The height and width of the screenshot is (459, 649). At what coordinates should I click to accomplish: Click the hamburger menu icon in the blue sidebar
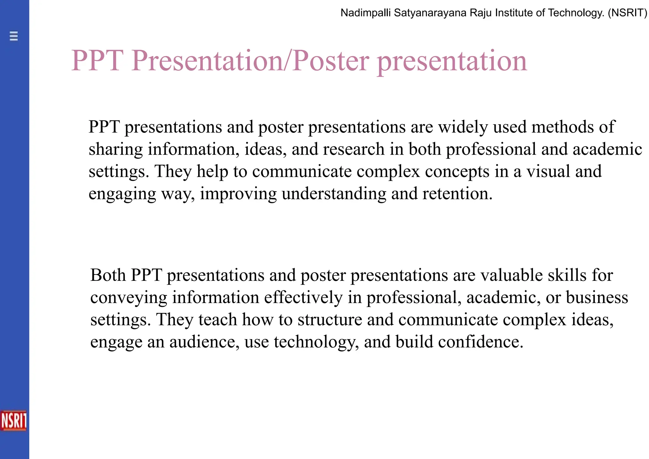click(14, 36)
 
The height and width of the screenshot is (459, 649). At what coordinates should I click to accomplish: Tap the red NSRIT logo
click(14, 421)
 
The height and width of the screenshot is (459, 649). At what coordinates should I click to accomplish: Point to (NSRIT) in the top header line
click(627, 13)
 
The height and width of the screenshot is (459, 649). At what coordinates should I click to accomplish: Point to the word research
click(354, 149)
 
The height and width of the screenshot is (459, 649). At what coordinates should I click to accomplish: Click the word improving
click(238, 194)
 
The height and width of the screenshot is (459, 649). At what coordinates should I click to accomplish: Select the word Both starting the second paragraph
click(108, 275)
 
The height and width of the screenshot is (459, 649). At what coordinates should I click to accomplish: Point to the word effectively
click(303, 298)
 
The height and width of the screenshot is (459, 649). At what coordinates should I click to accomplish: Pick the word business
click(597, 298)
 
